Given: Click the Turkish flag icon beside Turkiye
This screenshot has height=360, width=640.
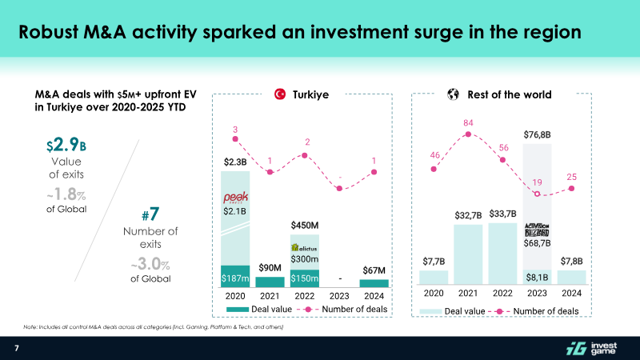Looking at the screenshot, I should tap(280, 94).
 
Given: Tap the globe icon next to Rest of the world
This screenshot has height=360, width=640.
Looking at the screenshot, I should tap(452, 94).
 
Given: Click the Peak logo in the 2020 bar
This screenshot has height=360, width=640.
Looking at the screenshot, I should tap(235, 196).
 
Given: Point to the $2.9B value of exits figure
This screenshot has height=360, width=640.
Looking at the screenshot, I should tap(66, 148).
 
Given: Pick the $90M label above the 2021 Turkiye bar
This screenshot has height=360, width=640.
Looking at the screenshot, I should tap(270, 267).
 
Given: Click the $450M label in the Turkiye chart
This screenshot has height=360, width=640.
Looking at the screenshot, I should tap(304, 225).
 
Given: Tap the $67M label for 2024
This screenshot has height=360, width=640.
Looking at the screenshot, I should tap(374, 269).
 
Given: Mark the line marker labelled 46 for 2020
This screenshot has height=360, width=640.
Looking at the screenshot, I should tap(434, 169).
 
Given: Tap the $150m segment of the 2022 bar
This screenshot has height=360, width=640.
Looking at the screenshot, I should tap(304, 278).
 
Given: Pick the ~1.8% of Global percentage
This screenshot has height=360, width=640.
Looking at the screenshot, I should tap(66, 195).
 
